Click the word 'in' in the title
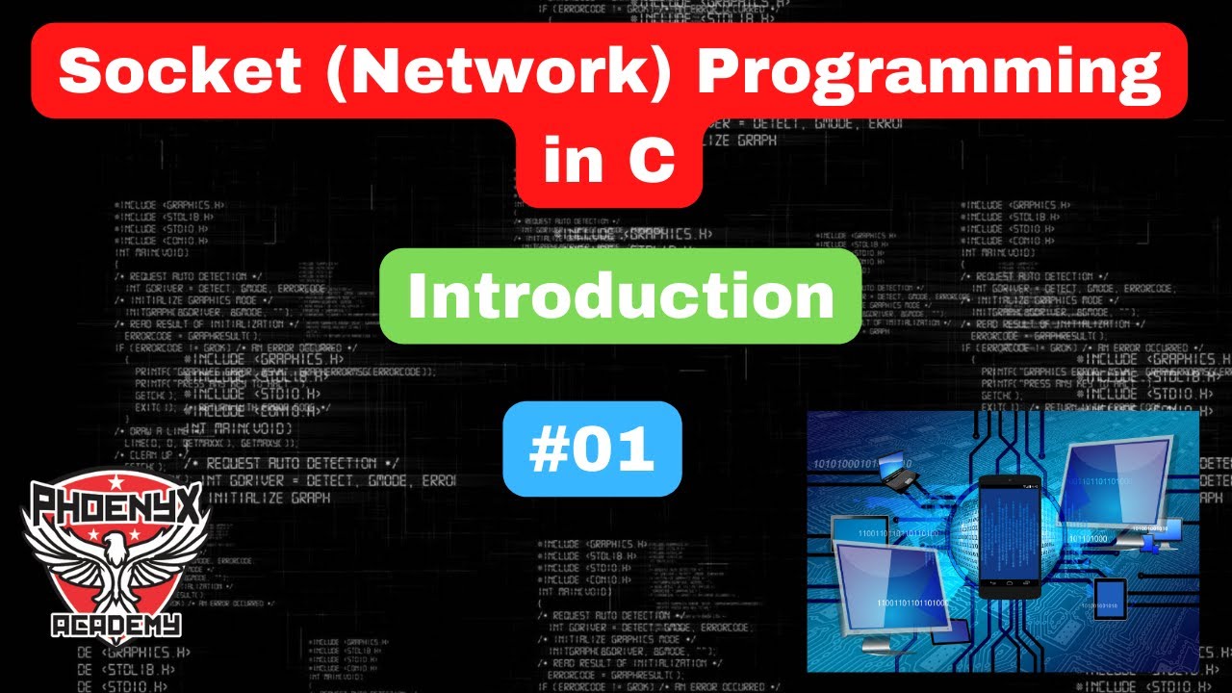[569, 160]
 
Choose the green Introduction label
[621, 296]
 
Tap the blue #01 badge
[592, 449]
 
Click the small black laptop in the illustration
[896, 470]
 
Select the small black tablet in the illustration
[1110, 603]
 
